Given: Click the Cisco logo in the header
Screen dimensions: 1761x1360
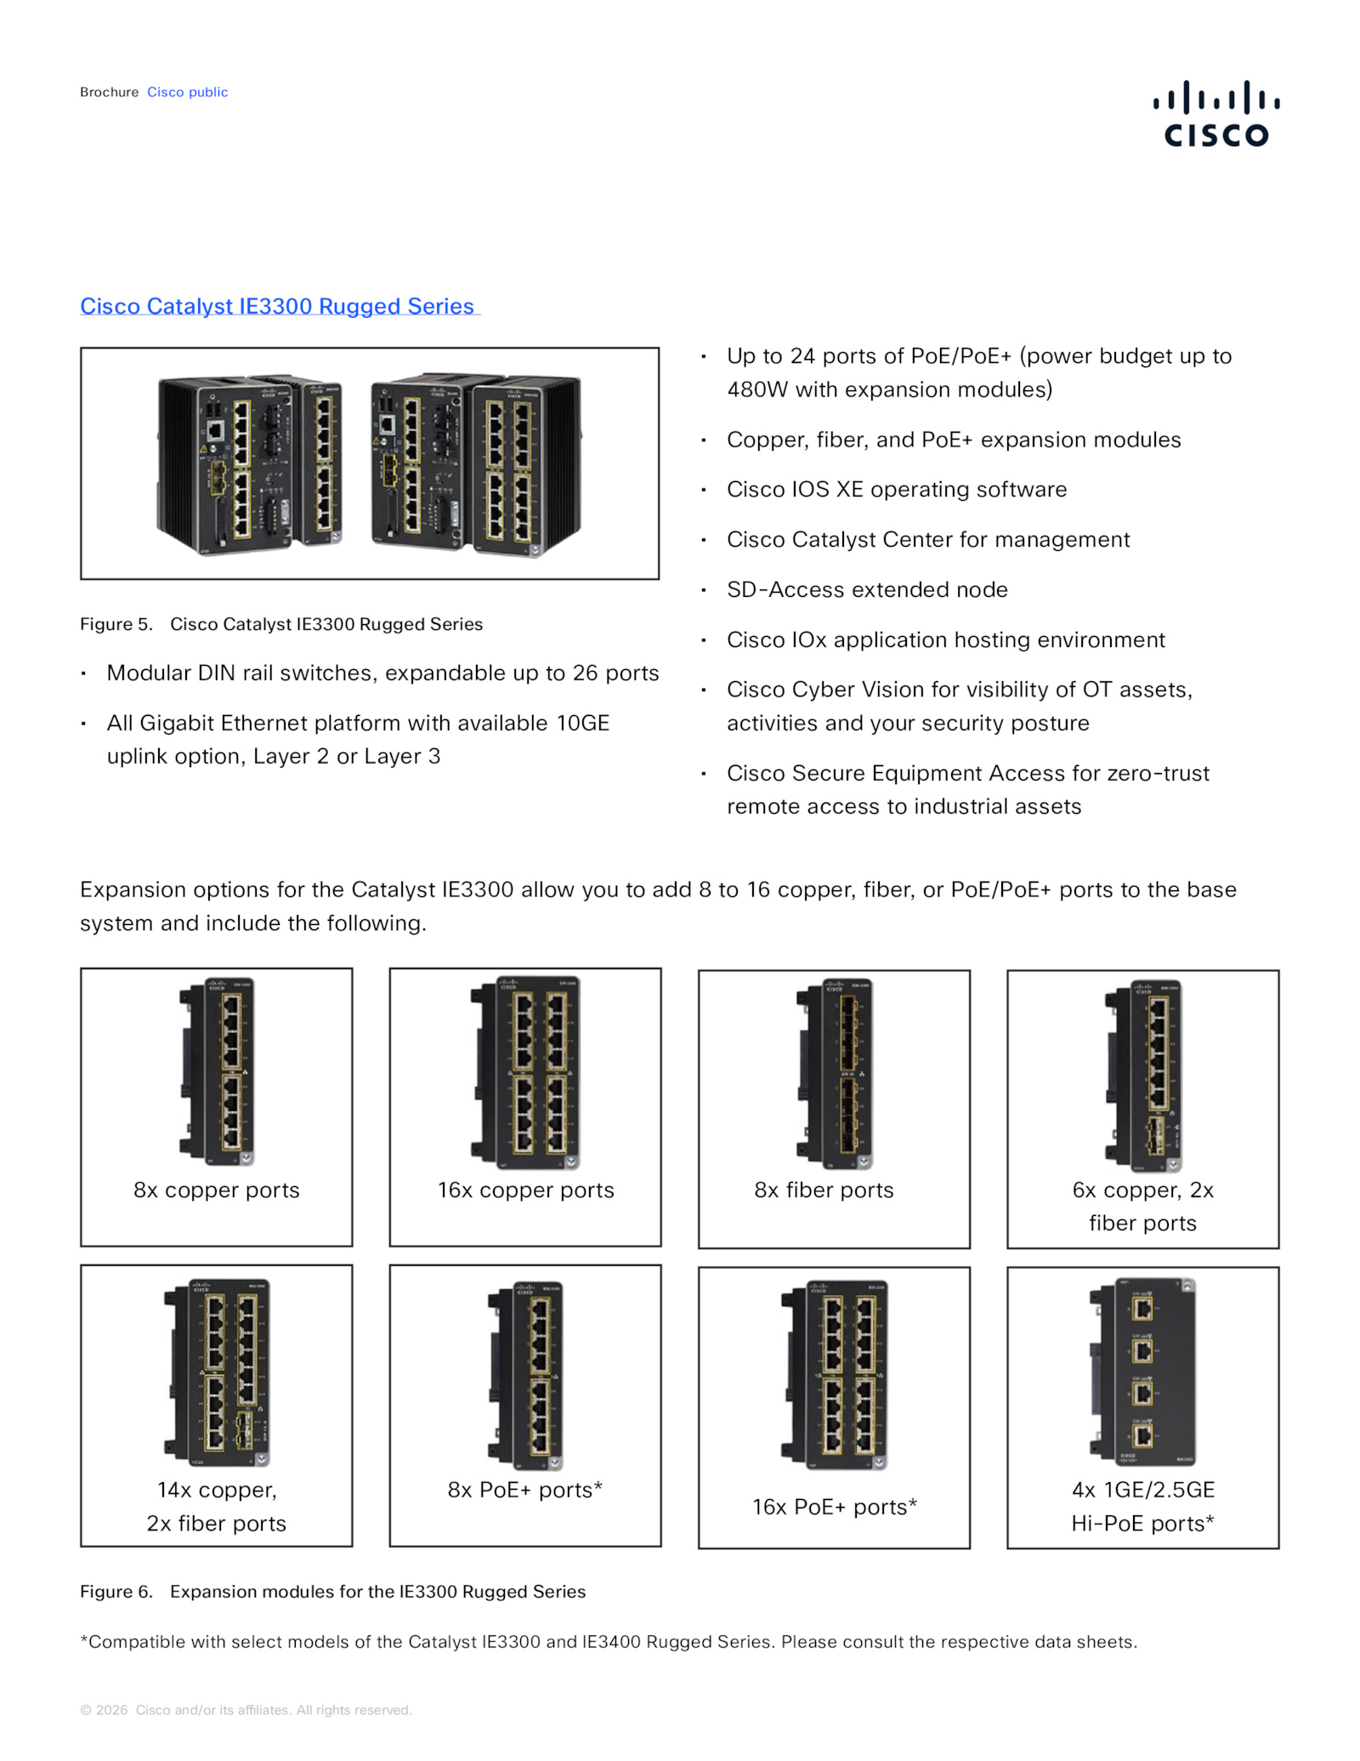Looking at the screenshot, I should (x=1215, y=113).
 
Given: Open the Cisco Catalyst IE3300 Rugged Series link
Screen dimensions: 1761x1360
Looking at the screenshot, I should (x=277, y=306).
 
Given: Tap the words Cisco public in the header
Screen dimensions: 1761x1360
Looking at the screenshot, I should (x=187, y=92).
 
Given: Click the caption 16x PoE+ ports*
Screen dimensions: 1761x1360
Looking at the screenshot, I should (x=834, y=1507).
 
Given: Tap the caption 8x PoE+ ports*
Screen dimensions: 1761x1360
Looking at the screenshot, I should (x=524, y=1490).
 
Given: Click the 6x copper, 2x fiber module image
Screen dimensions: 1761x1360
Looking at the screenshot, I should (x=1142, y=1075).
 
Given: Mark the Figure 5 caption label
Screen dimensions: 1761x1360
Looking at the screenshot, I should (x=116, y=624).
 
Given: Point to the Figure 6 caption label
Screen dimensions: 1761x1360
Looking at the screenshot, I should (x=116, y=1592).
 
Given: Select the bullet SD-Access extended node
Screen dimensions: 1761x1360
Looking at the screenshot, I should (x=867, y=589).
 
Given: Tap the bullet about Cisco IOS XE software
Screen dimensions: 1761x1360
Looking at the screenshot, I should (x=897, y=489).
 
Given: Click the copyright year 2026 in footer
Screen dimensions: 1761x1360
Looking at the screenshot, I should (x=111, y=1710).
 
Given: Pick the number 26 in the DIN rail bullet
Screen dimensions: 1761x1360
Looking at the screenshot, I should (x=585, y=673).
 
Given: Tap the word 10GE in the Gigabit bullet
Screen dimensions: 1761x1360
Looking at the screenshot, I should (x=582, y=723).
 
